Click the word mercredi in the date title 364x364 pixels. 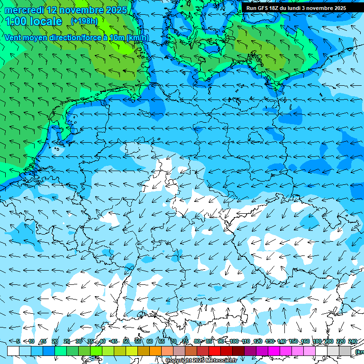tap(24, 10)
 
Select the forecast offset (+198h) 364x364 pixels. tap(84, 21)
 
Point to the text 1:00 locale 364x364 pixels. tap(34, 21)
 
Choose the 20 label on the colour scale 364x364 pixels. tap(55, 341)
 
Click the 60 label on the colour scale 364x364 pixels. tap(149, 341)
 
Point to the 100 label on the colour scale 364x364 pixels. tap(234, 341)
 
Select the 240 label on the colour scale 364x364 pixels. tap(353, 341)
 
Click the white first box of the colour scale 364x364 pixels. tap(13, 351)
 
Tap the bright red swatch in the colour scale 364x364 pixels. tap(215, 351)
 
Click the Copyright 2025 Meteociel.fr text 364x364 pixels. tap(201, 361)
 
